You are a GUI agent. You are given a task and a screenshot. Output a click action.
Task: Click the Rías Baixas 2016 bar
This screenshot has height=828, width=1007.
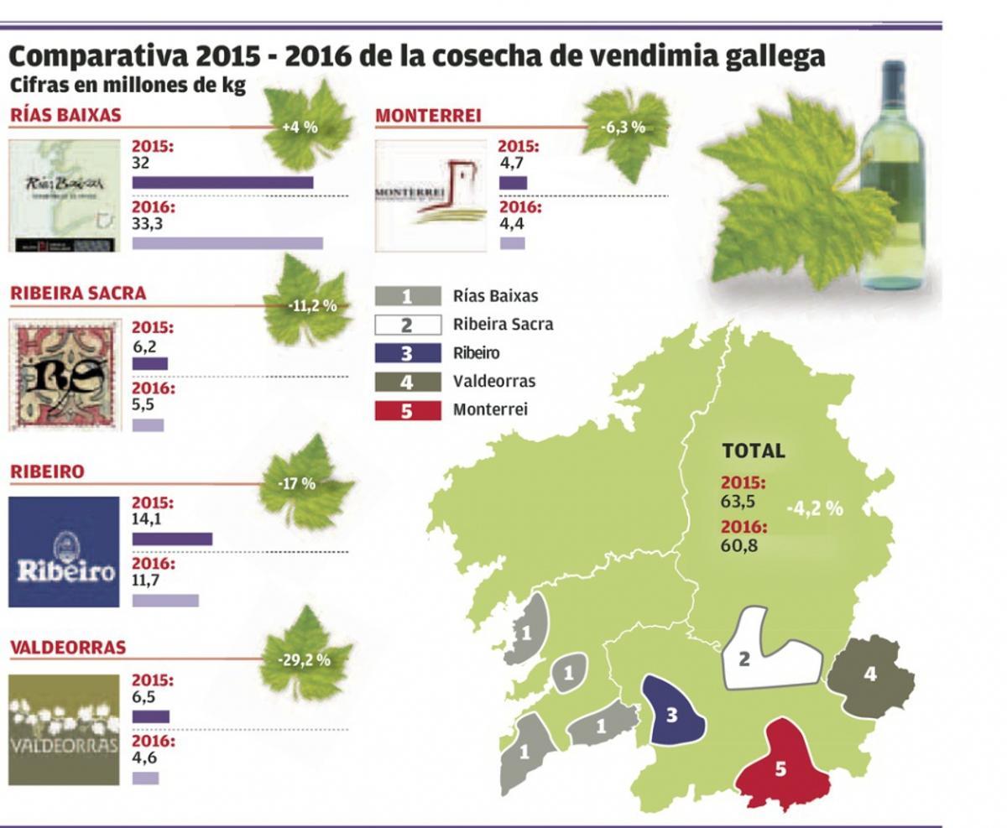[227, 243]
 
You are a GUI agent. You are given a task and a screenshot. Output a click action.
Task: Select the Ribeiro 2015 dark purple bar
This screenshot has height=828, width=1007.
[172, 539]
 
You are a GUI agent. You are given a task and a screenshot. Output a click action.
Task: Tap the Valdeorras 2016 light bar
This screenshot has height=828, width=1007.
[145, 779]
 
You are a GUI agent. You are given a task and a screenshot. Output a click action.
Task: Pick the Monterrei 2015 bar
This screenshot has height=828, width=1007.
[513, 183]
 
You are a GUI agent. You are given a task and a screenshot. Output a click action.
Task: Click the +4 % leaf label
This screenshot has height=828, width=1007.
[300, 128]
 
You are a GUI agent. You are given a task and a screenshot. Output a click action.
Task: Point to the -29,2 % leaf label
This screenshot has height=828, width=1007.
[304, 660]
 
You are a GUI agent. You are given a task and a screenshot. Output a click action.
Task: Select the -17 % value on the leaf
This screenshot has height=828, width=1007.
[297, 484]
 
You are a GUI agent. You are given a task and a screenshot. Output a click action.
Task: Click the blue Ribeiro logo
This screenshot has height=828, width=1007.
[65, 552]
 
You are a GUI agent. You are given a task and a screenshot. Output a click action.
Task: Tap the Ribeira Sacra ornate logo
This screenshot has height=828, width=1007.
[65, 375]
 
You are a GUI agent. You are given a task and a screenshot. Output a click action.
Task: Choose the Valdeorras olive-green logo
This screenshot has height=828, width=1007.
[65, 730]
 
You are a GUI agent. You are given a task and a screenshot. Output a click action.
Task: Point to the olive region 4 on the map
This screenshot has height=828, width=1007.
[869, 675]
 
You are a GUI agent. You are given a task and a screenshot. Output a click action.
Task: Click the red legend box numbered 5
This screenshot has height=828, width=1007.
[408, 411]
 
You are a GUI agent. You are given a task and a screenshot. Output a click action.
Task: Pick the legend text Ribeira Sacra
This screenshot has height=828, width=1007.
[503, 324]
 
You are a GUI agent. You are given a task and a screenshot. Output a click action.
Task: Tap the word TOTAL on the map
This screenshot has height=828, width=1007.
[754, 450]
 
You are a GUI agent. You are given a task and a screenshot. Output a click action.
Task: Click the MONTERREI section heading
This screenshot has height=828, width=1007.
[428, 116]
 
